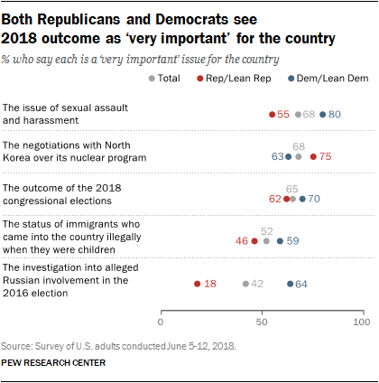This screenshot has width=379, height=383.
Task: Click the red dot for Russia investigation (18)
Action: tap(197, 284)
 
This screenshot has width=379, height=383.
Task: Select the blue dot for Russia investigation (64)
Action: tap(290, 284)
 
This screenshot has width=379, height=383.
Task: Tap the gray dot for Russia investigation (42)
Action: tap(245, 284)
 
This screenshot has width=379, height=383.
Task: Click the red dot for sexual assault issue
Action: tap(272, 115)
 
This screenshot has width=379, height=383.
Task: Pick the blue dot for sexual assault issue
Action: tap(322, 115)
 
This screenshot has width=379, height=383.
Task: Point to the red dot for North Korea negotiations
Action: tap(312, 156)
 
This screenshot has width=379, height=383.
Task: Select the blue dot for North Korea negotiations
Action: tap(288, 156)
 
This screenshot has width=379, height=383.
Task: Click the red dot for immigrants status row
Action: tap(254, 241)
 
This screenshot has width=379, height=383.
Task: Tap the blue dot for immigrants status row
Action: tap(280, 241)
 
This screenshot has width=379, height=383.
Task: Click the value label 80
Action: tap(335, 115)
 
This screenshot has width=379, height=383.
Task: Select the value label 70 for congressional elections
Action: tap(314, 199)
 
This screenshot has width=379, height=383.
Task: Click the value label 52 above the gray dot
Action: tap(267, 230)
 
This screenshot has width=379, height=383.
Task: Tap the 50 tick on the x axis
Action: tap(262, 322)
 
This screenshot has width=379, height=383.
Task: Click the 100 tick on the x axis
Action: tap(362, 322)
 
